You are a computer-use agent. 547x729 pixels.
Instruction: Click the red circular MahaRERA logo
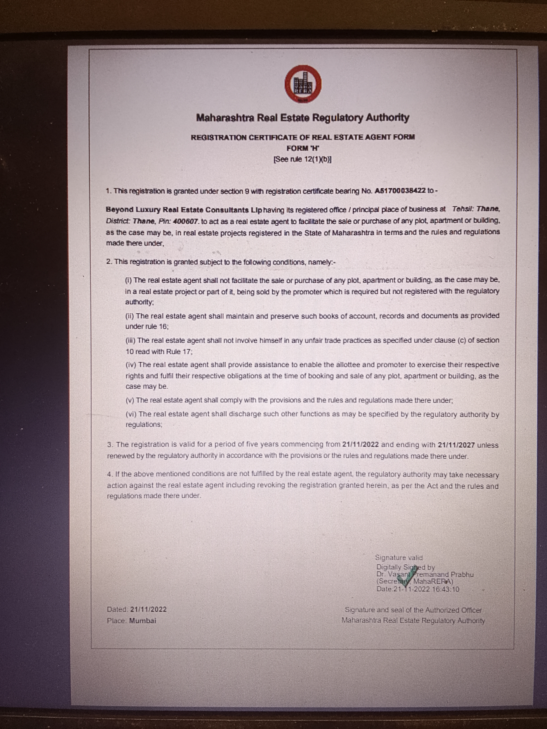pyautogui.click(x=303, y=84)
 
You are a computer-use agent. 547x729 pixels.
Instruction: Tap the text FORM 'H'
pyautogui.click(x=302, y=148)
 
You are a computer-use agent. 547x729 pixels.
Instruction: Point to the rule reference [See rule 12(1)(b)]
pyautogui.click(x=302, y=159)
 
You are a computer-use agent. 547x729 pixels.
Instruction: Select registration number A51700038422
pyautogui.click(x=400, y=191)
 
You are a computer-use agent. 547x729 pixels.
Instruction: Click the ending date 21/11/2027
pyautogui.click(x=456, y=445)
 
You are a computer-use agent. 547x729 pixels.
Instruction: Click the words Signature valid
pyautogui.click(x=399, y=558)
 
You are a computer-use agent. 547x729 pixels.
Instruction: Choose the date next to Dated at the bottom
pyautogui.click(x=148, y=609)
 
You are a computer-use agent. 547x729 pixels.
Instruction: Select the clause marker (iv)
pyautogui.click(x=131, y=365)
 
